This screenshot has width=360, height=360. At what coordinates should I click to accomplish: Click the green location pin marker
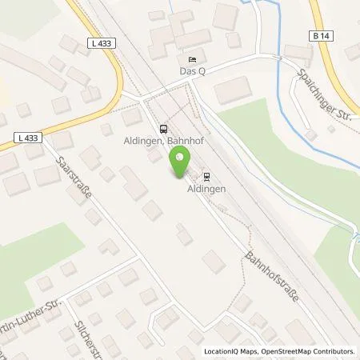(x=180, y=165)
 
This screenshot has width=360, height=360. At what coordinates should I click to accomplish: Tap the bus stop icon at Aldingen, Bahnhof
(x=164, y=128)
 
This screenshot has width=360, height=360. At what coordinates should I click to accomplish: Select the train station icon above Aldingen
(x=206, y=177)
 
